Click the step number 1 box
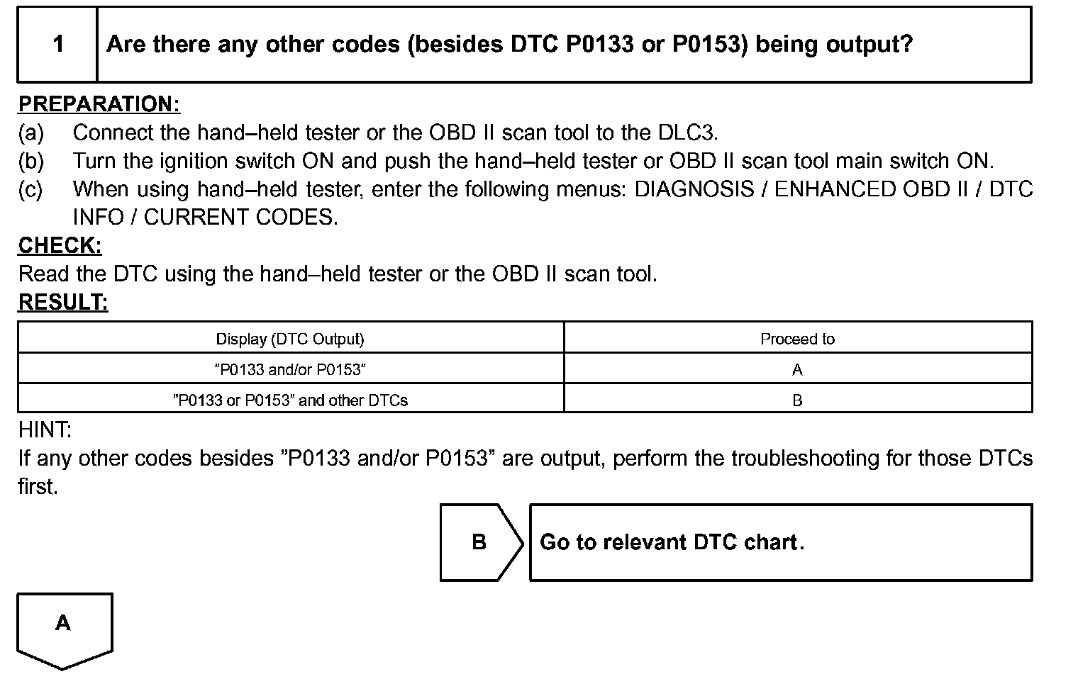57,45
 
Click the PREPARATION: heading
99,104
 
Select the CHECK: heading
60,245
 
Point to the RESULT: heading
62,302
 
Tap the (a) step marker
30,133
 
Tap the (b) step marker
30,161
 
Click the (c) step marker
30,189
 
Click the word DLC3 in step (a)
687,133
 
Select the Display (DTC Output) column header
290,339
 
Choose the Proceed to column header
797,339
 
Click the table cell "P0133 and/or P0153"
290,369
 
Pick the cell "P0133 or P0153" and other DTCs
290,400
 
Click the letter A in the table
797,369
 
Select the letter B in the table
797,400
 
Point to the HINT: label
45,430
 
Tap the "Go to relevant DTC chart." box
780,542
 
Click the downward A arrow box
64,627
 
